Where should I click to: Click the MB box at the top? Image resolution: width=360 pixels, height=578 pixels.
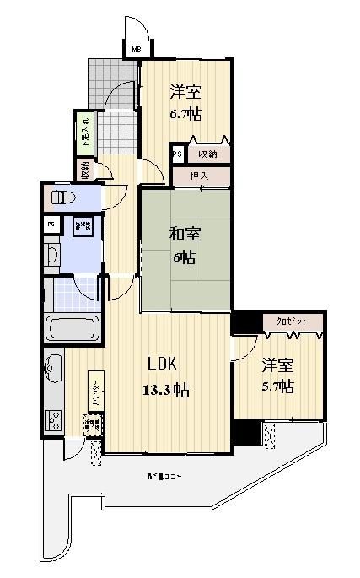136,50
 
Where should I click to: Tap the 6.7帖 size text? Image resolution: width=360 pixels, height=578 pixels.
185,112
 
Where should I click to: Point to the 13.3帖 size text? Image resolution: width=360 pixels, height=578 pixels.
165,390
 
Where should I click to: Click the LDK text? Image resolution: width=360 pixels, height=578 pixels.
162,365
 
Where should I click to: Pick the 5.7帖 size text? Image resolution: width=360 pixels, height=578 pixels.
277,386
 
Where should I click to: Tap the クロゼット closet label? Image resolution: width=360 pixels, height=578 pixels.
286,321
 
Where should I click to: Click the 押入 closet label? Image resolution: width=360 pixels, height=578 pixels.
200,176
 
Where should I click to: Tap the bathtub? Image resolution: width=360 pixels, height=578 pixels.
73,327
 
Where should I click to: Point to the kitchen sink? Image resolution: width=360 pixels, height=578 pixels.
51,368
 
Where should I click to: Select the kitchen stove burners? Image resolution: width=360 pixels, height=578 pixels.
52,419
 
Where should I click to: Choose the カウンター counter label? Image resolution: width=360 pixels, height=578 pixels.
95,393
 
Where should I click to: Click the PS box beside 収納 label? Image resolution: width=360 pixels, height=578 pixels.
177,154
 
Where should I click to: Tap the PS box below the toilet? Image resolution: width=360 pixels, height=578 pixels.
52,224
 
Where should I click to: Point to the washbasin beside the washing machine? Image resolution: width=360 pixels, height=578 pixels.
52,254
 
